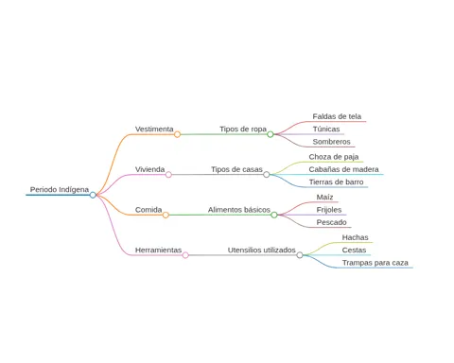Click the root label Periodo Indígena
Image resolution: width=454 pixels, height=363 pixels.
60,190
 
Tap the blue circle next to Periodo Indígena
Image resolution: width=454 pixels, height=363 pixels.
93,195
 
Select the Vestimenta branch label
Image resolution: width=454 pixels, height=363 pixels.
154,130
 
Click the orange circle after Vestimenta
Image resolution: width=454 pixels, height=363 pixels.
177,134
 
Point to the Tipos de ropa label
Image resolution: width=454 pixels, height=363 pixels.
243,130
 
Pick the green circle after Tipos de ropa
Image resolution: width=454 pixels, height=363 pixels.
271,134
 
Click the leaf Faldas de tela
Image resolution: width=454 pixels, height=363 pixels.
337,116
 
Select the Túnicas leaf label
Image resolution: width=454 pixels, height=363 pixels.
326,130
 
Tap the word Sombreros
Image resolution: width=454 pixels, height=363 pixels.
331,142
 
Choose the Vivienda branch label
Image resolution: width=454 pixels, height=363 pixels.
149,169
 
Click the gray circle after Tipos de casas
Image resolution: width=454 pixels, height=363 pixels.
267,175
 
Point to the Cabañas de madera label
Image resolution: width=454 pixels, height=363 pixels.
343,169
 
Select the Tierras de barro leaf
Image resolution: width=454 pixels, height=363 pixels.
336,182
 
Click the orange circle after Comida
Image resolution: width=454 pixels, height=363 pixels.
166,216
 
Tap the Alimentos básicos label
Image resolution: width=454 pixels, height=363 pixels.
239,210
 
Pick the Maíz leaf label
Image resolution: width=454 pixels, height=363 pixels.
324,198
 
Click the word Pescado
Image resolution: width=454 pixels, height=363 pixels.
331,222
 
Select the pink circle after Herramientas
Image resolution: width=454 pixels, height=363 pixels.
185,255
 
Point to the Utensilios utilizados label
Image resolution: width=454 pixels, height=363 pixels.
262,251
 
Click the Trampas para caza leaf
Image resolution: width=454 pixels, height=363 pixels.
375,263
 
